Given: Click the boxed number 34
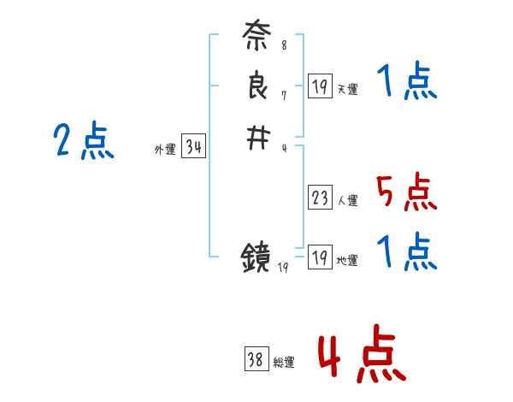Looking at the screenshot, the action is (x=194, y=147).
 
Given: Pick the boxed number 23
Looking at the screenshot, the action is (x=321, y=198).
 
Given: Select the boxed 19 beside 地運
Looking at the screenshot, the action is (x=321, y=257).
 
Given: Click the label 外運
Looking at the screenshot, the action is (x=165, y=150).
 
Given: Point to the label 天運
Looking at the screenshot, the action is (x=347, y=88).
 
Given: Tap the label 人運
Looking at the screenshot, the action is (x=347, y=201).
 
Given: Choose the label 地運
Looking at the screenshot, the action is (x=347, y=260).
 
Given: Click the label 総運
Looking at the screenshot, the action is (x=284, y=363).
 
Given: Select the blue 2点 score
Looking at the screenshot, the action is (x=83, y=141).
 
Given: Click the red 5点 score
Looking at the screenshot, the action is (x=406, y=192).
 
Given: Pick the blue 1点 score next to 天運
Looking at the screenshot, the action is (x=406, y=83).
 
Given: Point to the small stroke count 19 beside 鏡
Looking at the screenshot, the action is (x=284, y=268).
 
